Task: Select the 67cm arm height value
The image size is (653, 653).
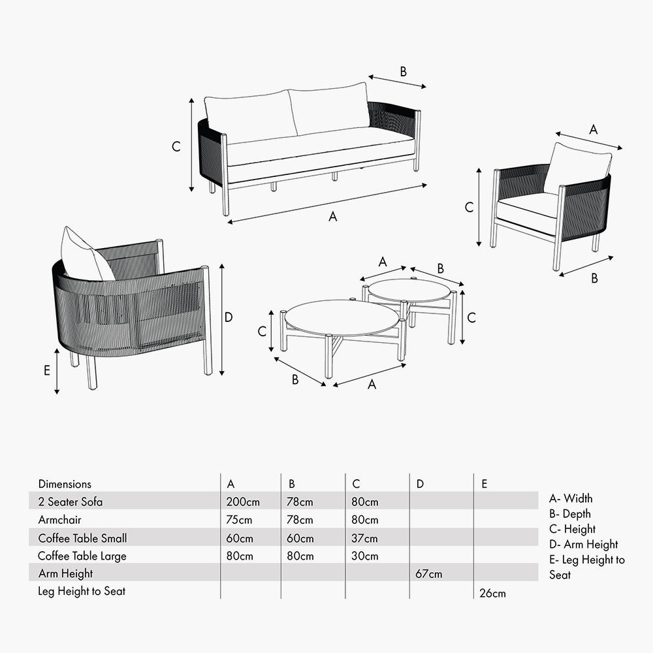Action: coord(428,574)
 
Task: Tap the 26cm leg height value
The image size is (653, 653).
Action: coord(492,593)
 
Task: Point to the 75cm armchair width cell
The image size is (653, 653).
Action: coord(237,520)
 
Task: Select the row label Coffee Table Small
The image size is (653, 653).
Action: coord(82,539)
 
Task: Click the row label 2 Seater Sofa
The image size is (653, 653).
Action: coord(70,502)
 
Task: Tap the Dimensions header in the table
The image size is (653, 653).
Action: coord(65,484)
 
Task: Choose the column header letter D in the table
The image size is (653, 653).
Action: coord(420,484)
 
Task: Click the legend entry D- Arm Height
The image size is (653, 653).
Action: coord(583,544)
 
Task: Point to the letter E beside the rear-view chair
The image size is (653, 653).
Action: coord(46,370)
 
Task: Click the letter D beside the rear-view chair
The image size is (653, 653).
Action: coord(229,317)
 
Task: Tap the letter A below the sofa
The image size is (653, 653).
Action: coord(332,217)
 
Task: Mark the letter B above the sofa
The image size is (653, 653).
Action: coord(403,72)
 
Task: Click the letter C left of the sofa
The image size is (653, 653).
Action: coord(176,147)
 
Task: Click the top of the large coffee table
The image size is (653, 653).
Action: coord(342,317)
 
